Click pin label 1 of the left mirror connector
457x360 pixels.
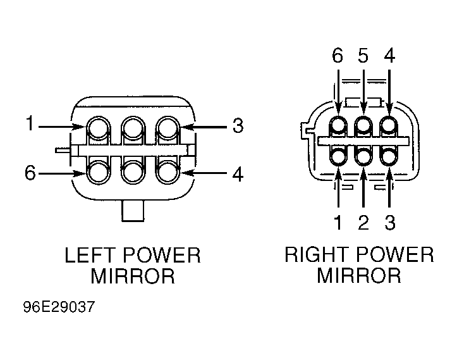click(x=30, y=123)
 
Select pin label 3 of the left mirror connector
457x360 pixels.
click(x=238, y=126)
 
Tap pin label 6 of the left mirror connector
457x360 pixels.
click(x=30, y=173)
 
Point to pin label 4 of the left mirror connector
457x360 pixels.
click(x=238, y=174)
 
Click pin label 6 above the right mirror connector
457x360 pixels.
click(x=338, y=56)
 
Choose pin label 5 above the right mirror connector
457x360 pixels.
click(x=363, y=56)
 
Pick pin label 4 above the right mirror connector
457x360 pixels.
click(x=389, y=56)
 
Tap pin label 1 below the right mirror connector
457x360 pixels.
click(x=338, y=223)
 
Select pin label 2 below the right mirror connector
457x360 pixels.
click(x=363, y=223)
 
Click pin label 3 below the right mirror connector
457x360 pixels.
click(x=390, y=223)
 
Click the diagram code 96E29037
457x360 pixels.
click(x=59, y=307)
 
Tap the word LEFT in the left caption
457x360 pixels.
click(x=89, y=255)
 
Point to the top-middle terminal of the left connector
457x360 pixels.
click(x=133, y=128)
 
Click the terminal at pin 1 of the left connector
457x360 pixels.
click(x=99, y=128)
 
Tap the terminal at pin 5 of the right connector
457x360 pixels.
click(x=363, y=125)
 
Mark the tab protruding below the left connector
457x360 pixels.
click(x=133, y=211)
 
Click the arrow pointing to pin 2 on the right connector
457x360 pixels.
click(x=363, y=187)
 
